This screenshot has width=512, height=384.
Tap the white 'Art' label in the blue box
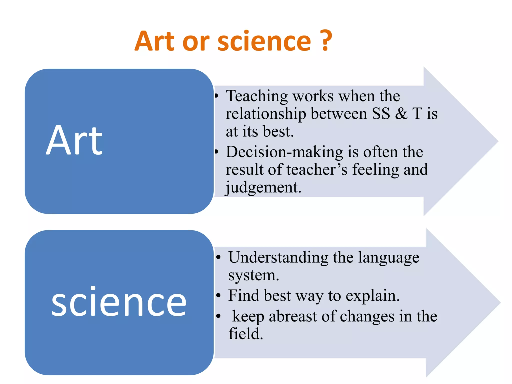(x=74, y=140)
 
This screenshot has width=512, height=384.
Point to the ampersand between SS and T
(x=401, y=113)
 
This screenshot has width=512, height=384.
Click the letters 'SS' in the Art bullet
(x=381, y=113)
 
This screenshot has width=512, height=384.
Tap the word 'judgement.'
(x=263, y=188)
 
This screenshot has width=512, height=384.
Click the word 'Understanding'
(x=278, y=257)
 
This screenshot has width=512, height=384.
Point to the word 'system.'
(x=253, y=275)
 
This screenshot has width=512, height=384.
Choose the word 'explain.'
(x=373, y=296)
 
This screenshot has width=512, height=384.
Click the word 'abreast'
(x=293, y=316)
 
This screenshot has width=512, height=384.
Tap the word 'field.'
(x=246, y=334)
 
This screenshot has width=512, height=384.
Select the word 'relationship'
(x=266, y=114)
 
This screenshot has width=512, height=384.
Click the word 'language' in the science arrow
(x=389, y=257)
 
